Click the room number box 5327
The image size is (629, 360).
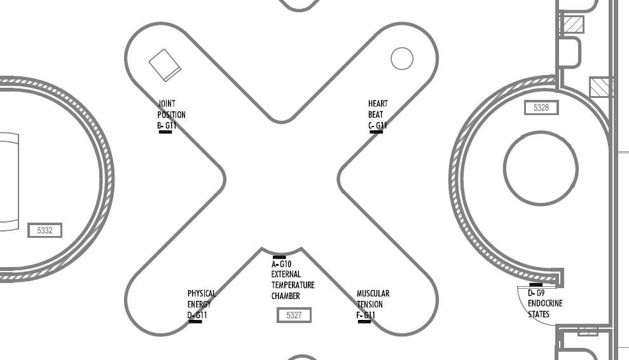click(x=294, y=315)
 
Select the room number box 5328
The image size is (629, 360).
click(x=541, y=108)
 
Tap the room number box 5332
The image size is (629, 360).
click(x=45, y=230)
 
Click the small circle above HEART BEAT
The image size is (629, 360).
click(x=401, y=59)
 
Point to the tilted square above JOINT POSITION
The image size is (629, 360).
click(x=165, y=65)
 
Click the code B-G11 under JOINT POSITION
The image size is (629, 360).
click(x=167, y=126)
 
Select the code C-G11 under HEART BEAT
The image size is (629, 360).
click(x=377, y=126)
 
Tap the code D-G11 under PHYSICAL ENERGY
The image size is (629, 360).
click(x=197, y=315)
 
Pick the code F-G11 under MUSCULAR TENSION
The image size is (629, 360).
click(x=366, y=315)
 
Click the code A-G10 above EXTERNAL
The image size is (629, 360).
click(x=281, y=264)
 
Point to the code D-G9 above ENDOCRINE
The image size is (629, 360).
click(x=536, y=293)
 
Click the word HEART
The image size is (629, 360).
click(x=378, y=104)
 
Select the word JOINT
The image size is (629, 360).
click(x=167, y=104)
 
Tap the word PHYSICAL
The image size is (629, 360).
click(x=202, y=294)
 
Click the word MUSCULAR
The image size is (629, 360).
click(x=373, y=294)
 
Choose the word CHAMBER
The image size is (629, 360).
click(x=285, y=296)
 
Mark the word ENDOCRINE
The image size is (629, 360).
click(x=545, y=303)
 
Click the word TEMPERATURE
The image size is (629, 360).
click(x=293, y=286)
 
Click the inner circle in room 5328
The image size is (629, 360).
click(x=541, y=169)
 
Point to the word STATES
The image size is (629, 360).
click(x=539, y=314)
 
